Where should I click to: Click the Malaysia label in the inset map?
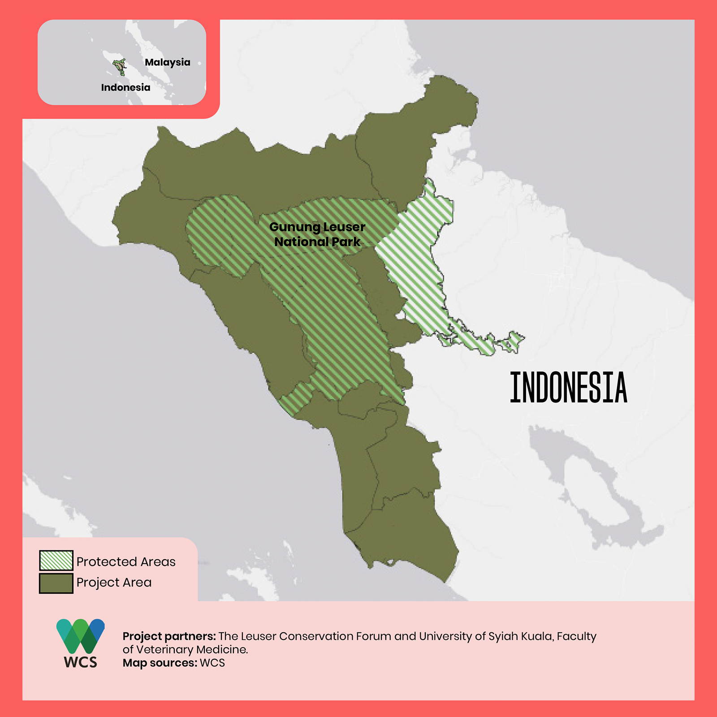coord(167,62)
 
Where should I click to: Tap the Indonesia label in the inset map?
coord(125,87)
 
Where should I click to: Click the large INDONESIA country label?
coord(568,388)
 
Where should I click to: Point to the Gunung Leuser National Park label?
coord(317,234)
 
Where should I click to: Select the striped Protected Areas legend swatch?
coord(56,560)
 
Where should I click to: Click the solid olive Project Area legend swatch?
coord(56,583)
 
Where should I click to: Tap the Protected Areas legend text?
coord(126,562)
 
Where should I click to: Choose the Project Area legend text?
coord(114,582)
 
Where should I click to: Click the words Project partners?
coord(169,636)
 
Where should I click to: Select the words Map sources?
coord(160,663)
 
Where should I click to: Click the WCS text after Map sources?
coord(212,663)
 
